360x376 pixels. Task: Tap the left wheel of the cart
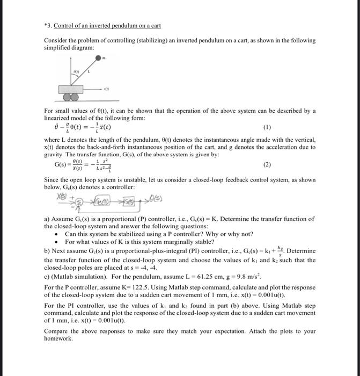[66, 98]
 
